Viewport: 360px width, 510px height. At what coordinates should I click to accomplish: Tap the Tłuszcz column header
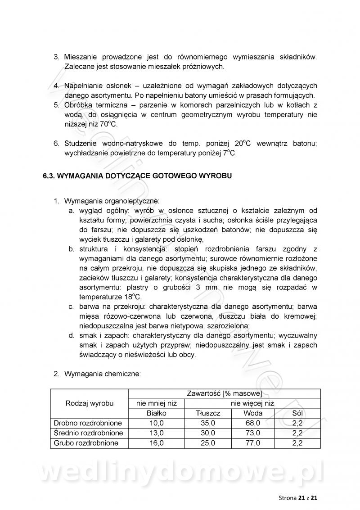pyautogui.click(x=208, y=413)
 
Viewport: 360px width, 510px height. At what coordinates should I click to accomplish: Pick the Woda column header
pyautogui.click(x=253, y=413)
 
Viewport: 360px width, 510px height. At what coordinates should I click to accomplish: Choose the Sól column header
pyautogui.click(x=297, y=413)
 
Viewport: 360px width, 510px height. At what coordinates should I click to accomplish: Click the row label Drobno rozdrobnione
pyautogui.click(x=88, y=423)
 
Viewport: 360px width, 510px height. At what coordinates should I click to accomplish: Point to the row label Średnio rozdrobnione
pyautogui.click(x=88, y=433)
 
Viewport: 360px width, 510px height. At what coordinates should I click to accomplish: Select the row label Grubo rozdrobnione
pyautogui.click(x=86, y=443)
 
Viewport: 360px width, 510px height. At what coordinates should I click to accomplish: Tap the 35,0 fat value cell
pyautogui.click(x=208, y=423)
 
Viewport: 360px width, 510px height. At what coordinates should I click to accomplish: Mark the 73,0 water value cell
pyautogui.click(x=253, y=433)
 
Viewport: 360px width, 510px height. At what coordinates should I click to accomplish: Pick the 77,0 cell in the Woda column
pyautogui.click(x=253, y=443)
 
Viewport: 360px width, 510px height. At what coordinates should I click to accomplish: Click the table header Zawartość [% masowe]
pyautogui.click(x=224, y=393)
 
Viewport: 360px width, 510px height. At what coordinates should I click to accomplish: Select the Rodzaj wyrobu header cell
pyautogui.click(x=90, y=403)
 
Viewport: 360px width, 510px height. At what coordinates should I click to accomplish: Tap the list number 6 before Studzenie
pyautogui.click(x=56, y=144)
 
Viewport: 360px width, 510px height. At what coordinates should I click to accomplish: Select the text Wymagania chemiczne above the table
pyautogui.click(x=103, y=374)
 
